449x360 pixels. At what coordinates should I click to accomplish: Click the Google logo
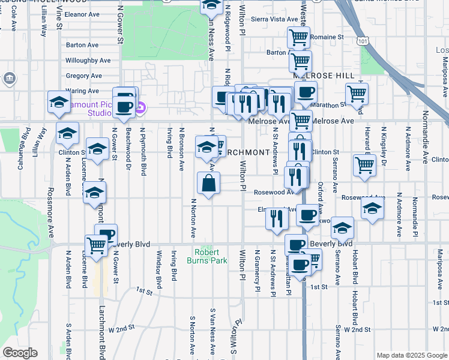[20, 353]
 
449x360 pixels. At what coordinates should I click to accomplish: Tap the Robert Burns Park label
[211, 257]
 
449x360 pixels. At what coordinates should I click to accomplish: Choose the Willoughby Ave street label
[88, 61]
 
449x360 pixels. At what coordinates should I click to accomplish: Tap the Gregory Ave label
[83, 76]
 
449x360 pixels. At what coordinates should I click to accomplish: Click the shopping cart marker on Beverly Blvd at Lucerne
[96, 245]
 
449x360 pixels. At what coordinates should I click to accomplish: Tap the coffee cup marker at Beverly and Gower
[107, 235]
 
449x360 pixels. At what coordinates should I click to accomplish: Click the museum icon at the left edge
[9, 78]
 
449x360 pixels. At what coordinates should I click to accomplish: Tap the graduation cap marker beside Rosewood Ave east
[372, 209]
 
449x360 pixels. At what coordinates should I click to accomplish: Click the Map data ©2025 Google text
[412, 355]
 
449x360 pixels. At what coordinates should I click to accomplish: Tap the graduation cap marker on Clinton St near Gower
[97, 148]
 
